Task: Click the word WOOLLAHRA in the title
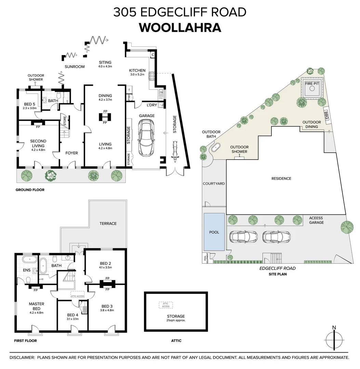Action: pos(180,28)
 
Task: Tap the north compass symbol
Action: pos(334,340)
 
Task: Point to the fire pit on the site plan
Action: pos(311,88)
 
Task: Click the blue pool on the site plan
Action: pos(214,232)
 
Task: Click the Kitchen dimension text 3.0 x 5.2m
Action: pos(137,74)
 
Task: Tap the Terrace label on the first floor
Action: pos(108,223)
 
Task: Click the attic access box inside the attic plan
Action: pos(165,305)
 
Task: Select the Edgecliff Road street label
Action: pos(277,268)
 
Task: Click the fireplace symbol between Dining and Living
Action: pos(105,117)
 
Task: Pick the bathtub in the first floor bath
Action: pos(43,266)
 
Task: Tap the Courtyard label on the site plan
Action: pos(214,183)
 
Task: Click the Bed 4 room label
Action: pos(73,315)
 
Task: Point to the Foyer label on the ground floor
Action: pos(71,153)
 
